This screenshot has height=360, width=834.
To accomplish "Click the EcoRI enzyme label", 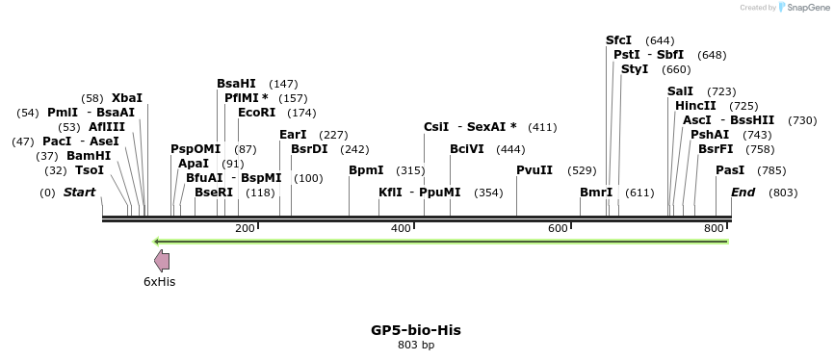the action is click(256, 113).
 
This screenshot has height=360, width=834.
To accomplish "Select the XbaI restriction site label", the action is click(127, 98).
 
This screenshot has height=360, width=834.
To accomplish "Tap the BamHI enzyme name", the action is click(89, 156).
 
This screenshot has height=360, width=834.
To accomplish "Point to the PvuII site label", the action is click(534, 170).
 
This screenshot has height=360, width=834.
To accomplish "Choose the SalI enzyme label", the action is click(680, 91).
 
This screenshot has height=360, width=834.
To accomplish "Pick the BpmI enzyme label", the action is click(366, 170).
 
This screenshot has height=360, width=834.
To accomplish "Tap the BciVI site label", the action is click(467, 149).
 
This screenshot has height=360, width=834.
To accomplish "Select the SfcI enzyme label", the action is click(618, 40).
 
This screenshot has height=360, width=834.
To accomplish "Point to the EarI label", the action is click(293, 135).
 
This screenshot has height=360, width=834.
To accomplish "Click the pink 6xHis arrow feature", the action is click(162, 260).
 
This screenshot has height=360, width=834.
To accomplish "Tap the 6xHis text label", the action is click(160, 282).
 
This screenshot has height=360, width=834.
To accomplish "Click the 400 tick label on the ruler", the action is click(401, 228).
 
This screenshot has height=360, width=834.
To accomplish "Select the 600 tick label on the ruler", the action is click(558, 228).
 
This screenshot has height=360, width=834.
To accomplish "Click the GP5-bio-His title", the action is click(416, 330).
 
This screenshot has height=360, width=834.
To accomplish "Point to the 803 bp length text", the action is click(416, 345).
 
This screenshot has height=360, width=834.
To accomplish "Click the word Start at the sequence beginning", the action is click(79, 193).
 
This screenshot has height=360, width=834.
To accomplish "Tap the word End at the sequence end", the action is click(743, 193).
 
